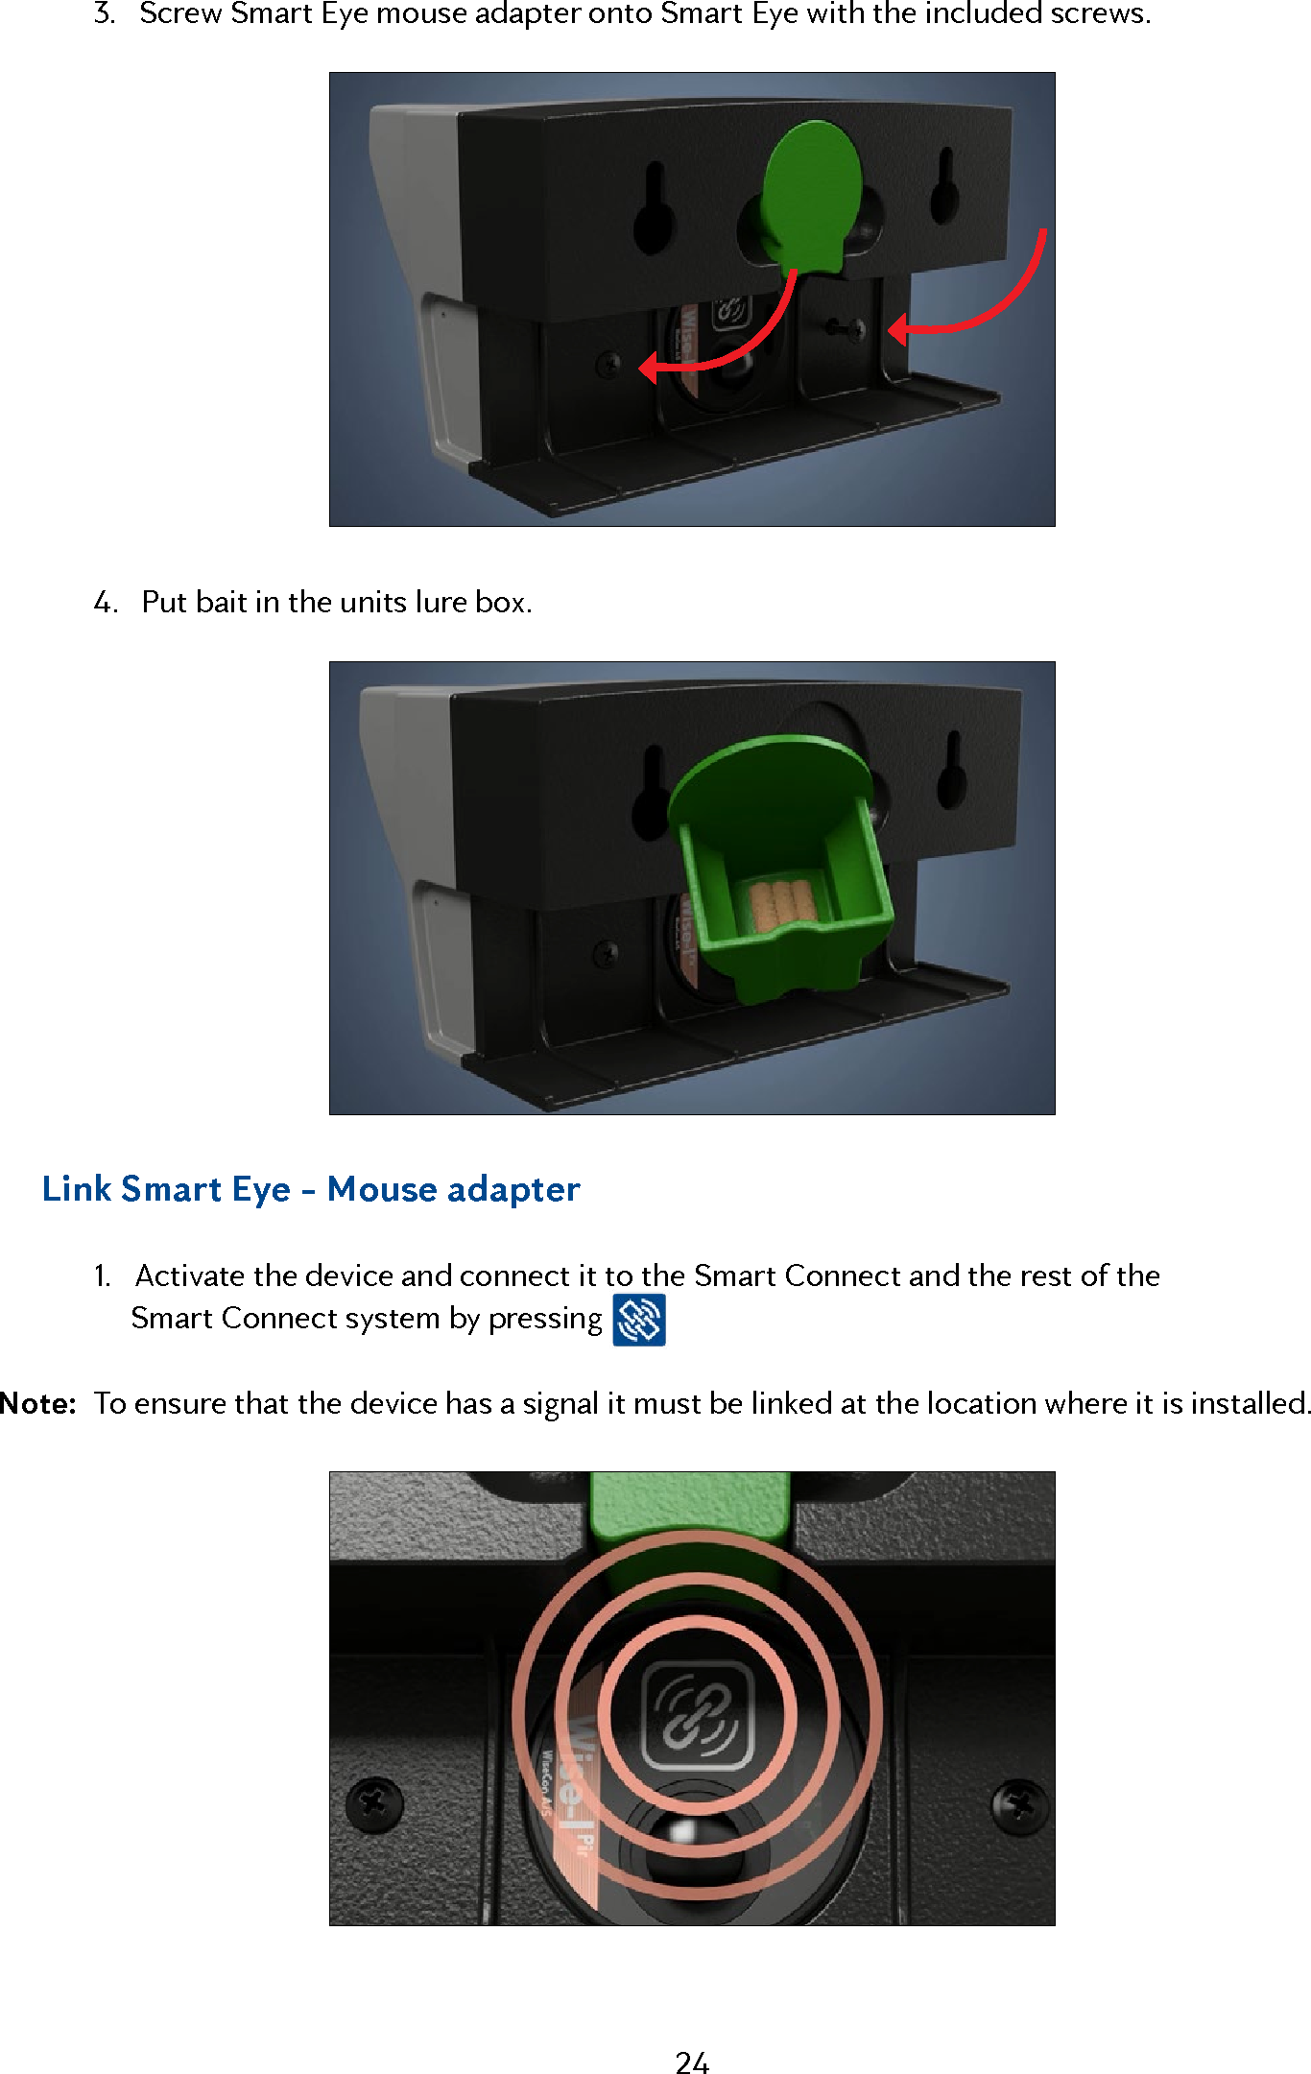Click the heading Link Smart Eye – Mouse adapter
click(x=311, y=1189)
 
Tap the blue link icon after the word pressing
click(x=639, y=1321)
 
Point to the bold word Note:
click(x=38, y=1404)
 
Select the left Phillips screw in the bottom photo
click(x=374, y=1804)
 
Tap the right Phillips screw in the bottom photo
click(x=1019, y=1807)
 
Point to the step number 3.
click(x=104, y=14)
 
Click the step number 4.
click(x=105, y=603)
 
